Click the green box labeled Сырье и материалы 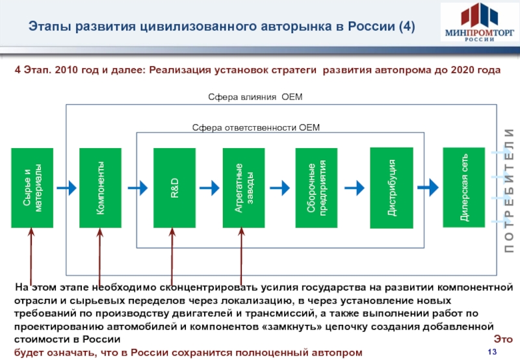tap(32, 188)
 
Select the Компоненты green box tap(100, 188)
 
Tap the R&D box tap(174, 188)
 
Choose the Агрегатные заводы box tap(243, 188)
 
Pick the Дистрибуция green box tap(391, 188)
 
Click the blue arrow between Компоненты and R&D tap(137, 188)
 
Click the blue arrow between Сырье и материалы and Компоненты tap(66, 188)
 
